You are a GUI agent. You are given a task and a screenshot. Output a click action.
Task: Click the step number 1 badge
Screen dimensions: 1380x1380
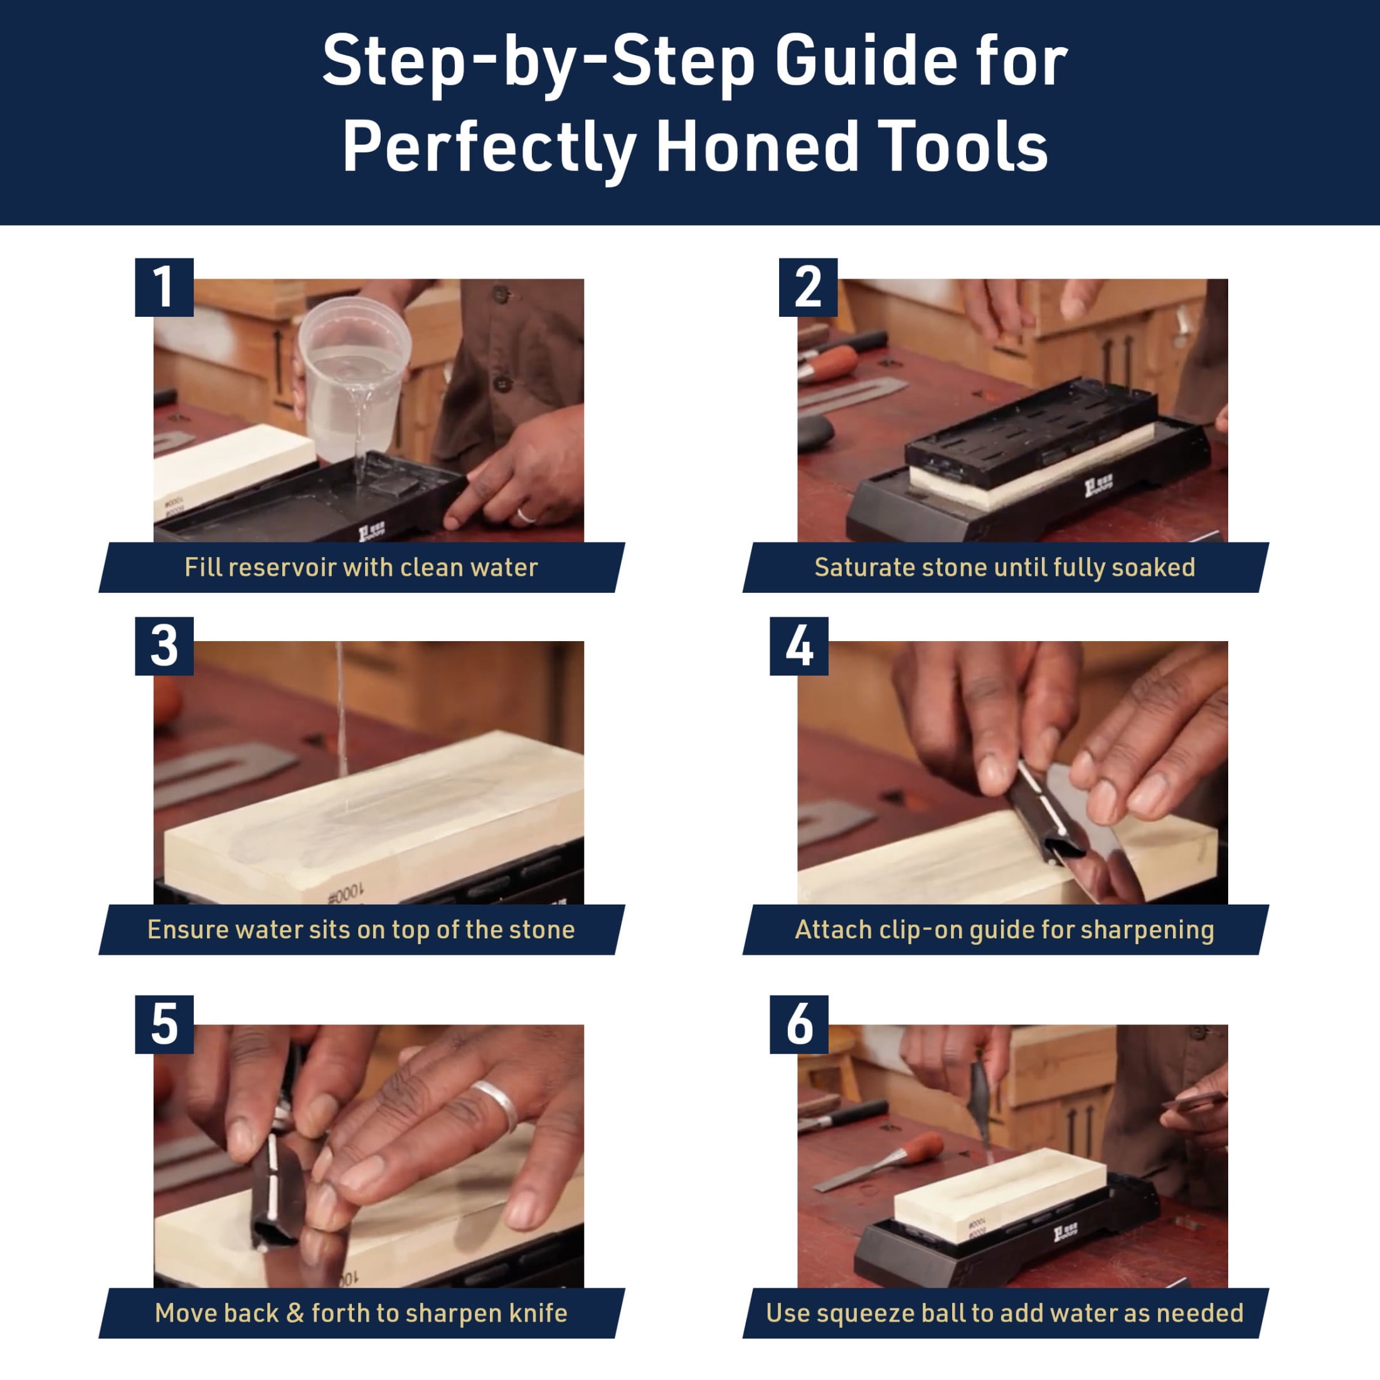164,287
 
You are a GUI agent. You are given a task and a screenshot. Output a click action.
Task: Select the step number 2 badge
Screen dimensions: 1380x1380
808,287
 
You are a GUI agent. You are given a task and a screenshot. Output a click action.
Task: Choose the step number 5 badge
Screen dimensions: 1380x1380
164,1024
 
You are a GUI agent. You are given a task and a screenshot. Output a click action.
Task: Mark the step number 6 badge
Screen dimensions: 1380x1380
799,1024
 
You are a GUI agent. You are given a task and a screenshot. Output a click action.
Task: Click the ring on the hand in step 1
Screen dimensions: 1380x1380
526,515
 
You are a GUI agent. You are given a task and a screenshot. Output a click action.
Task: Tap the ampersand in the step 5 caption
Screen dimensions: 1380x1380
294,1313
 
